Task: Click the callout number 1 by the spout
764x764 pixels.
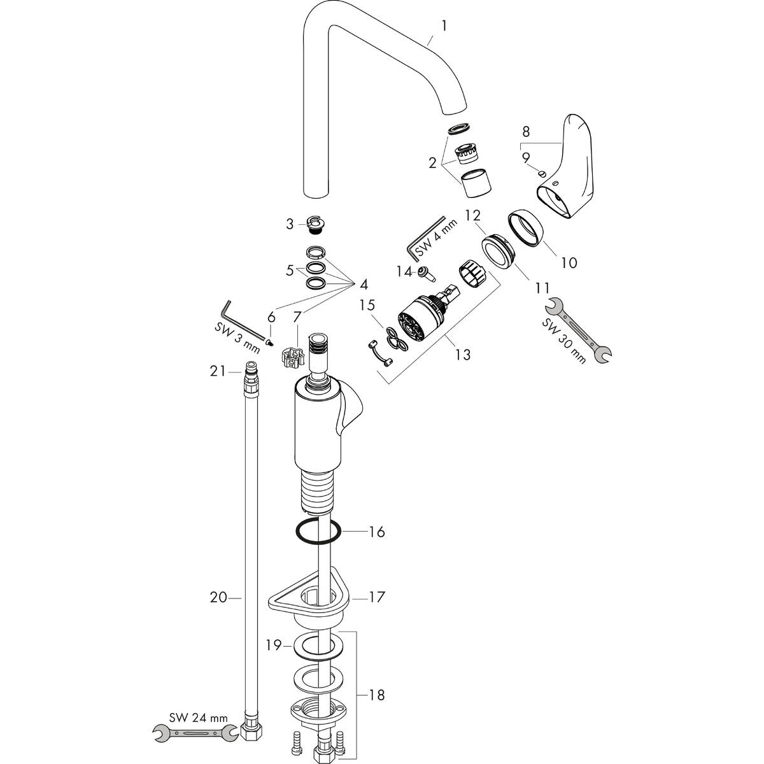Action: [x=444, y=26]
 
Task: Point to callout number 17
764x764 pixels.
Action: [x=377, y=598]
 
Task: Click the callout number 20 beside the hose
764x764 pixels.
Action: [x=218, y=597]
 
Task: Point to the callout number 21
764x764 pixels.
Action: [x=218, y=371]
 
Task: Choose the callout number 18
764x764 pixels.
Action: [x=377, y=695]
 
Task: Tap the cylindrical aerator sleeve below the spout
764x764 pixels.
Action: [x=476, y=183]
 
